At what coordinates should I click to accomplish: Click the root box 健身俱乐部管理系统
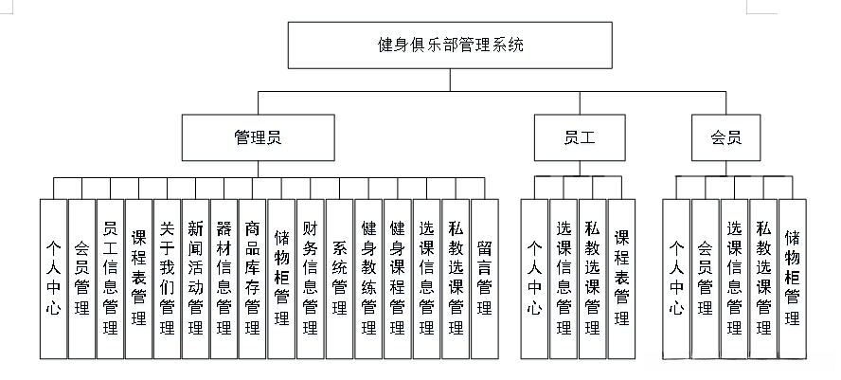coord(450,45)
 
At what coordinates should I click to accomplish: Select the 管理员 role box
coord(258,137)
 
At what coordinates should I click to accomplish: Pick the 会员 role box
coord(725,137)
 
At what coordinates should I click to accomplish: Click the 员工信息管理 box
coord(110,277)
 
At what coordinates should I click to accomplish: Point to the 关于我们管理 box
coord(168,277)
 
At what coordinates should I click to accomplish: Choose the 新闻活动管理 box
coord(196,277)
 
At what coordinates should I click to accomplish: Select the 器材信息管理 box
coord(224,277)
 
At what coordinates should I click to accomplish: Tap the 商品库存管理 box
coord(253,277)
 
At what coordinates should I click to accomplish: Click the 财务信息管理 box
coord(311,277)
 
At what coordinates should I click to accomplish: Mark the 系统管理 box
coord(339,277)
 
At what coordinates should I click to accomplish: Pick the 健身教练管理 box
coord(368,277)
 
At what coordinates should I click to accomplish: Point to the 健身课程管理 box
coord(397,277)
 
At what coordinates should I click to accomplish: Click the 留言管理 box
coord(483,277)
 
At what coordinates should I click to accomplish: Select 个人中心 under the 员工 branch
coord(534,277)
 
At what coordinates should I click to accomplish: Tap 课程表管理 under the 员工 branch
coord(621,277)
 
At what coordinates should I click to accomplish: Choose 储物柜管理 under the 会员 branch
coord(792,277)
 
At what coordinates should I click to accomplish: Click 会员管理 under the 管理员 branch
coord(81,277)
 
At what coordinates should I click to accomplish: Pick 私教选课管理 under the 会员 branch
coord(763,277)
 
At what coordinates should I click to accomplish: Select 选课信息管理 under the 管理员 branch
coord(426,277)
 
